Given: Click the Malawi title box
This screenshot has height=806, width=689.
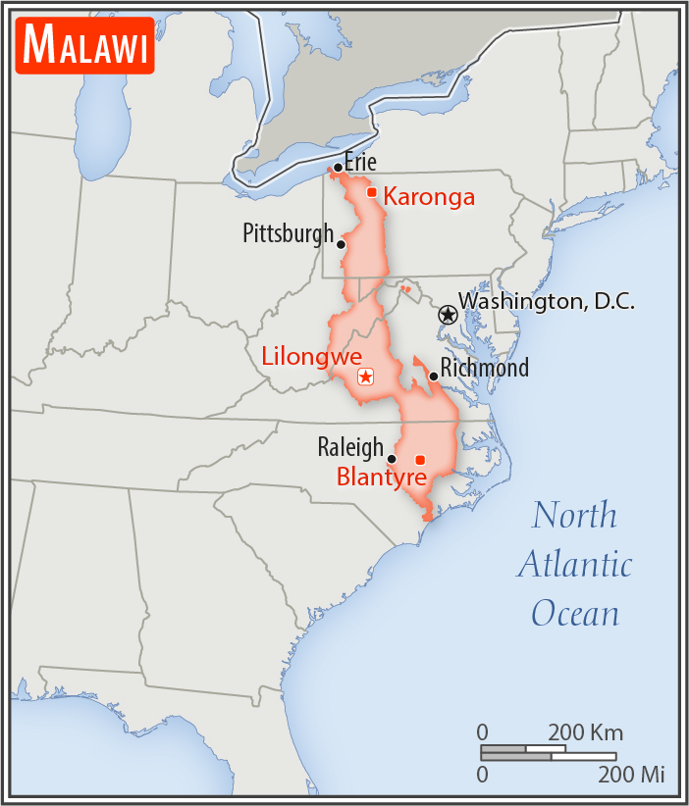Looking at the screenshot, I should click(85, 46).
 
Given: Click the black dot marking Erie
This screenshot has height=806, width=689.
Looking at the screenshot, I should click(338, 169).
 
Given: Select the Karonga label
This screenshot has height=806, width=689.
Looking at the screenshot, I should click(429, 197).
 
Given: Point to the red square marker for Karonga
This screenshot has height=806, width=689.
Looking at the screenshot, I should click(372, 192).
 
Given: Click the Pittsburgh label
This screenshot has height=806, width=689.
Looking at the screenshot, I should click(289, 233).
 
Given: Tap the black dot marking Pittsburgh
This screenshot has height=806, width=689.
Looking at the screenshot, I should click(342, 244).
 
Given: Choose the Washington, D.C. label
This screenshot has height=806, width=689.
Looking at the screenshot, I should click(547, 301).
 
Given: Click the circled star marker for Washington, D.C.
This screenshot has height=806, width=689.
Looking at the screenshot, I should click(448, 315).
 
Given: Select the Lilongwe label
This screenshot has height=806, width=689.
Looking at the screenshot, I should click(312, 356).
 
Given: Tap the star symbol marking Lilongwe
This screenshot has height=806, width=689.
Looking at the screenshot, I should click(366, 376).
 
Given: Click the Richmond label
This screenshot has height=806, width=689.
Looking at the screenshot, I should click(485, 368).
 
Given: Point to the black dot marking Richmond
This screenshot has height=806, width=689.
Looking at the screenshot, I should click(433, 377).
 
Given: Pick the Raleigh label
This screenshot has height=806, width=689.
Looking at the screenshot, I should click(350, 448).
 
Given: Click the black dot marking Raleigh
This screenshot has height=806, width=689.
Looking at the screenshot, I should click(392, 458).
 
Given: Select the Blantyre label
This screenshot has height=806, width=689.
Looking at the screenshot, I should click(382, 479).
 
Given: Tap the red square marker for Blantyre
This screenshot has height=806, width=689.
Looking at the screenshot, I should click(420, 460).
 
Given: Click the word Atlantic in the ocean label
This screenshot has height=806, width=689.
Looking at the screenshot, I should click(575, 565).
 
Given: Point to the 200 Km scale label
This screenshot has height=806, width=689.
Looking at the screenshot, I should click(586, 732).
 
